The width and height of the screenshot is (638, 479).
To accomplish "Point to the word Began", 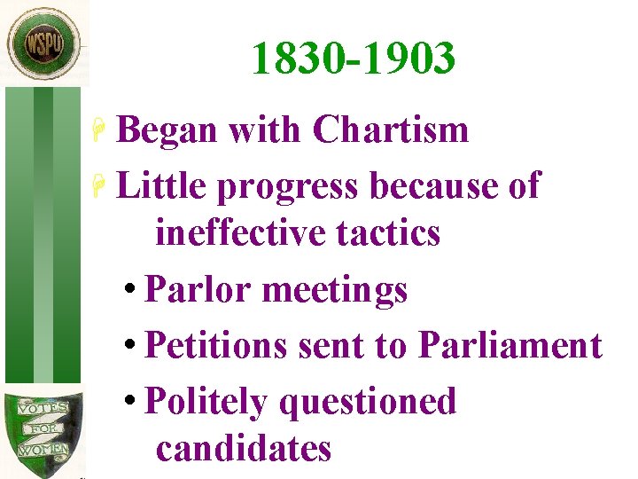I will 167,130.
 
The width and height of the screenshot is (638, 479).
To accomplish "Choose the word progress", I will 286,188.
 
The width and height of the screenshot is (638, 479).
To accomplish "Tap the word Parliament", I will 510,345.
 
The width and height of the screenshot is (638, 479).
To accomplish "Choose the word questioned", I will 367,403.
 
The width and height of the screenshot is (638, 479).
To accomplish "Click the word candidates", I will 244,449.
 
